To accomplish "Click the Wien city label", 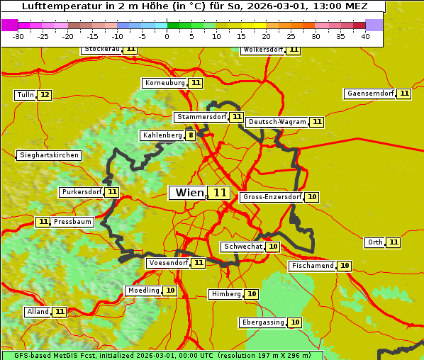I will (x=188, y=193).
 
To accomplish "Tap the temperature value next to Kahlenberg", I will (x=191, y=135).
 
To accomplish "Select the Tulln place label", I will (x=25, y=95).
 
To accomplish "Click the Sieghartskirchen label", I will (x=49, y=155).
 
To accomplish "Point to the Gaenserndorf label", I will (x=370, y=94).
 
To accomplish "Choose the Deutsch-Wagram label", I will (x=277, y=122).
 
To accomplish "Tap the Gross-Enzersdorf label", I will (x=272, y=197).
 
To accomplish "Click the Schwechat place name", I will (x=242, y=247).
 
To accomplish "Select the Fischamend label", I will (x=312, y=266).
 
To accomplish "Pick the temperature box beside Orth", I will (x=394, y=242).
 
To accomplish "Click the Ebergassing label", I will (x=262, y=322).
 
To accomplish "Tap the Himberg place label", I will (x=226, y=294).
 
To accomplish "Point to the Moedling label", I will (x=143, y=291).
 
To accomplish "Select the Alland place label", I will (x=38, y=312).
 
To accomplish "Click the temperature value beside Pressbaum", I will (x=43, y=222).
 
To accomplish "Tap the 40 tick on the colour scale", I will (x=365, y=36).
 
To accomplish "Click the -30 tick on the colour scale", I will (x=18, y=36).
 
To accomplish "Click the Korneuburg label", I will (x=164, y=83).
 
